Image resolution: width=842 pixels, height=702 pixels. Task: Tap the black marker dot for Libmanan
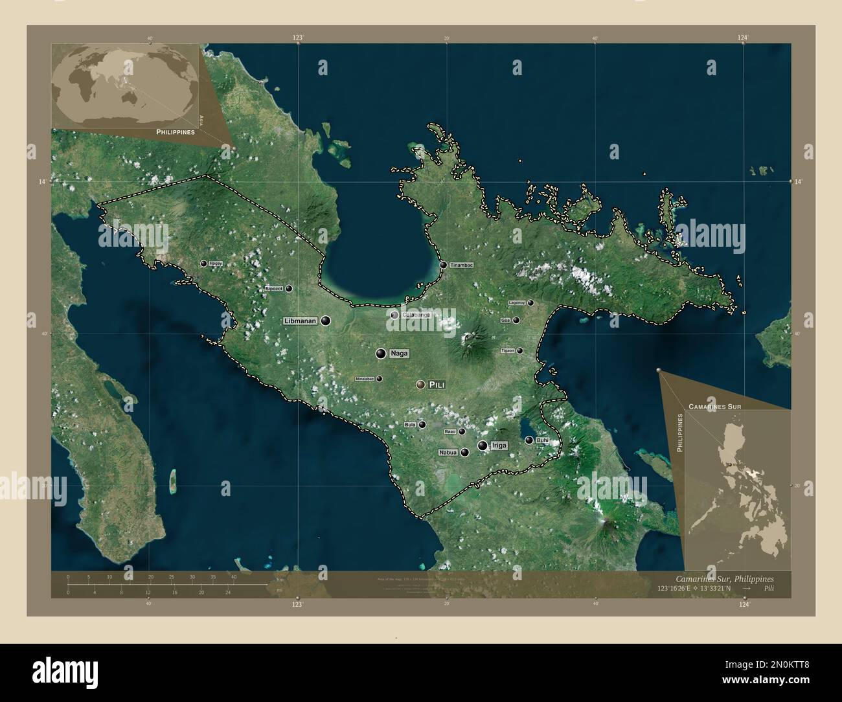tap(325, 321)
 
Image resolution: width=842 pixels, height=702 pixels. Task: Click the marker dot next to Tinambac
tap(444, 265)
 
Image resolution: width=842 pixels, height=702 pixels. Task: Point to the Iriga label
tap(499, 446)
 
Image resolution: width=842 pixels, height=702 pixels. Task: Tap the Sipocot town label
tap(273, 289)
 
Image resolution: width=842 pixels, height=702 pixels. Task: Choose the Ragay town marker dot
tap(204, 264)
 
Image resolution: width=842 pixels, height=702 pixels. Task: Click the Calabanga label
tap(416, 315)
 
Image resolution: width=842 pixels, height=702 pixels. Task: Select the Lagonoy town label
tap(517, 302)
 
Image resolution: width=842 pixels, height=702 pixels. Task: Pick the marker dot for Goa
tap(516, 320)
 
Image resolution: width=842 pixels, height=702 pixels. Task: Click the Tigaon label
tap(508, 350)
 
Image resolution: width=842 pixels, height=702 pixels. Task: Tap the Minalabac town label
tap(365, 379)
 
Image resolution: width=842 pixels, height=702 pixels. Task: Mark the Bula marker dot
tap(422, 425)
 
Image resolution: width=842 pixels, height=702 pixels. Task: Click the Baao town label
tap(450, 431)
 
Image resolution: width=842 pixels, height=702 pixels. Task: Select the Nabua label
tap(448, 452)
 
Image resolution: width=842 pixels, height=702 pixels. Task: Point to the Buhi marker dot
tap(529, 440)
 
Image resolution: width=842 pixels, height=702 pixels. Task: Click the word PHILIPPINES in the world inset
tap(176, 131)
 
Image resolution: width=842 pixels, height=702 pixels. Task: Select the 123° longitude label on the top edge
tap(297, 39)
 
